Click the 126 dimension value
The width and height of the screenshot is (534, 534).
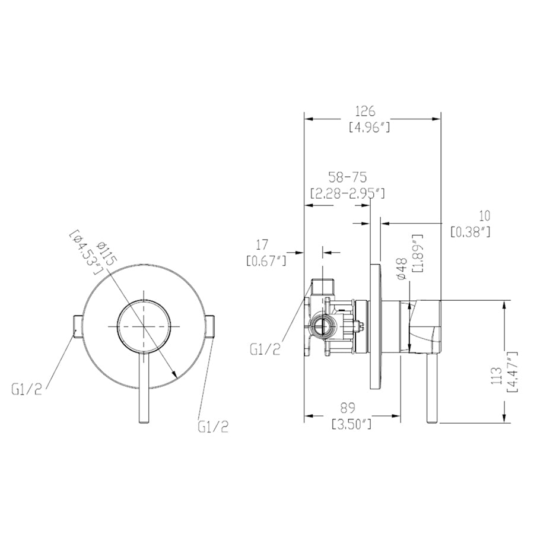[365, 112]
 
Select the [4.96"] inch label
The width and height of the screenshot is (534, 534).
[370, 128]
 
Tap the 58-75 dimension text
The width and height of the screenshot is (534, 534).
[347, 177]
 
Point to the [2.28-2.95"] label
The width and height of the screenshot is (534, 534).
[348, 193]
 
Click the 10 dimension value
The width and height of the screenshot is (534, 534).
[485, 216]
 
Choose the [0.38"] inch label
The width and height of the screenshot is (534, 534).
[471, 232]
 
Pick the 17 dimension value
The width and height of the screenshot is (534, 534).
[262, 244]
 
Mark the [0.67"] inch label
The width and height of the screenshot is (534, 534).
[266, 261]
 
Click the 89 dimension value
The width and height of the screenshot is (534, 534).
[348, 407]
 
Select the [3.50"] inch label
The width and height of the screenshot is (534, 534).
[351, 424]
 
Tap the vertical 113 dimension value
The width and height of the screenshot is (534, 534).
[496, 376]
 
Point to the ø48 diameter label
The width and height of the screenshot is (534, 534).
[402, 269]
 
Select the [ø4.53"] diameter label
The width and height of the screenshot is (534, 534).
[86, 252]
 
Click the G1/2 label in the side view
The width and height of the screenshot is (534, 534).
[265, 349]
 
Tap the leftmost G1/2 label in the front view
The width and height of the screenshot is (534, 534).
[27, 389]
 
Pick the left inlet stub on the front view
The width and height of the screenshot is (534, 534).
[77, 326]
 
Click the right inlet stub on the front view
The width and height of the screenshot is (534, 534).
[210, 326]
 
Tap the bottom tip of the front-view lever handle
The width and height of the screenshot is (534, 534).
[144, 422]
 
